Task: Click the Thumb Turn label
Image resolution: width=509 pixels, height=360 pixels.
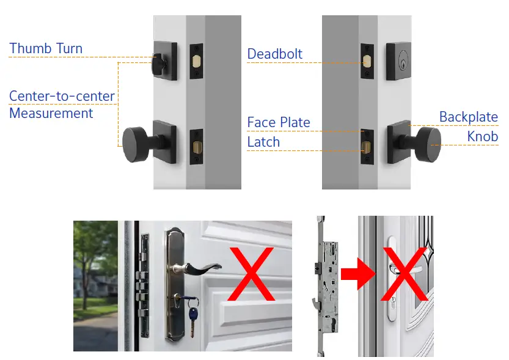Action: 46,48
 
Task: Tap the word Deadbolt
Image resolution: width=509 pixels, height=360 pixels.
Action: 274,54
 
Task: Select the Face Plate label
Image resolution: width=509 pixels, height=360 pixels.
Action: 279,122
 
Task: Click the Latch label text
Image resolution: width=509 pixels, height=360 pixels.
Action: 263,142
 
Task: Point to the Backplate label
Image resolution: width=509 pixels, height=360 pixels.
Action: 469,117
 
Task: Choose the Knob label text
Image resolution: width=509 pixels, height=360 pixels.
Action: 482,136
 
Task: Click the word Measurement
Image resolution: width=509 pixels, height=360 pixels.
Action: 51,113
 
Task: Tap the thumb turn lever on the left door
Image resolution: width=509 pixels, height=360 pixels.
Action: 159,65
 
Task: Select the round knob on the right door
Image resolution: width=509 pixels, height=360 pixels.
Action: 429,145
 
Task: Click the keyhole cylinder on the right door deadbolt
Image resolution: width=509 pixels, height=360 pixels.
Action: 403,61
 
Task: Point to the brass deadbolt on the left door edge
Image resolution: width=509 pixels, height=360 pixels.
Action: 196,61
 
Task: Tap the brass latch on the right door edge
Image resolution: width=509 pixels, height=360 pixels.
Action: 367,147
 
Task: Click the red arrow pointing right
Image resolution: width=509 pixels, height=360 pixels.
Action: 358,274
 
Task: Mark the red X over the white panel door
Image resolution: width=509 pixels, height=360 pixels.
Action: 251,274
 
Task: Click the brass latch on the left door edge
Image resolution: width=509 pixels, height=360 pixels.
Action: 196,147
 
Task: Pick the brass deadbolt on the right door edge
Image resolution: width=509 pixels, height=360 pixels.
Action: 367,61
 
